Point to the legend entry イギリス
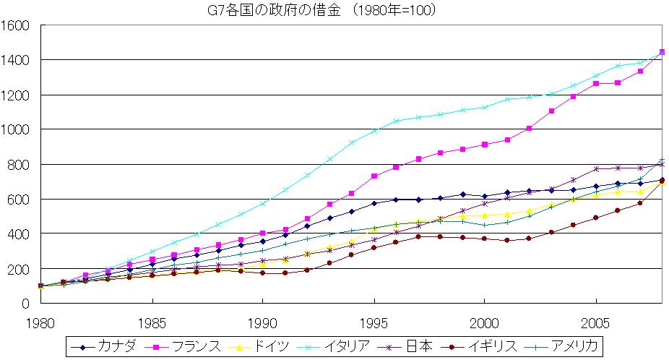pos(488,347)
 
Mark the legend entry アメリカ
pos(570,347)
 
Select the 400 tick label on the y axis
pos(18,234)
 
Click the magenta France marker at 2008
pos(662,52)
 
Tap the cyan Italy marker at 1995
pos(374,131)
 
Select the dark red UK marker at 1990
pos(262,273)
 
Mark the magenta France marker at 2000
pos(484,145)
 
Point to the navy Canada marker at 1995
pos(374,203)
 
